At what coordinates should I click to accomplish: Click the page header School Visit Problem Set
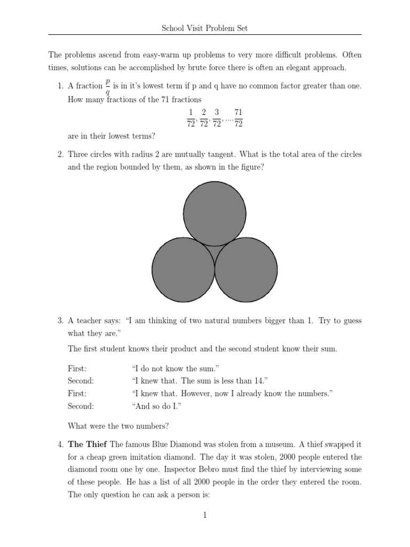pyautogui.click(x=205, y=28)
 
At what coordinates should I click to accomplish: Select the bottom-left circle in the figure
pyautogui.click(x=183, y=269)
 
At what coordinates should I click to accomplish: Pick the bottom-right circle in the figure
pyautogui.click(x=246, y=269)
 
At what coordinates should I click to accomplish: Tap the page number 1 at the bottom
pyautogui.click(x=205, y=515)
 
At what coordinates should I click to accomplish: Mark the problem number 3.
pyautogui.click(x=60, y=321)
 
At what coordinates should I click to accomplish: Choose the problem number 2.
pyautogui.click(x=60, y=154)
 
